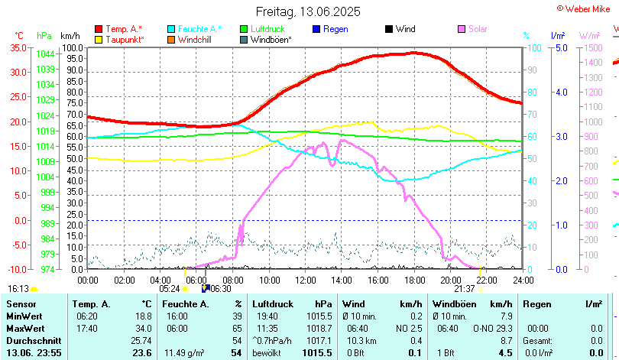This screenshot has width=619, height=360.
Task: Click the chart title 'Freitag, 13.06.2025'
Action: (308, 12)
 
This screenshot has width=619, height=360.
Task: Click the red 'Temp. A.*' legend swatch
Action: (99, 29)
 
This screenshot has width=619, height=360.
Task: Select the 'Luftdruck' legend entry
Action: (263, 29)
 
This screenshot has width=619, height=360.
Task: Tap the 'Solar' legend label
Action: (478, 29)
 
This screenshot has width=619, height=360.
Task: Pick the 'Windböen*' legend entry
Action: (271, 40)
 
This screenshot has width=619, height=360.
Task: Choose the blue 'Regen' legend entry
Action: (335, 29)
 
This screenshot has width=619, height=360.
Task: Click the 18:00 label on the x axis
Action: (414, 280)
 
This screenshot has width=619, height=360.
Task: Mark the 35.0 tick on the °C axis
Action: (17, 47)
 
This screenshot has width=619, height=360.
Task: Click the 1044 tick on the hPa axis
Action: (45, 54)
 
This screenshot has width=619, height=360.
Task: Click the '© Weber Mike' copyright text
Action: (586, 8)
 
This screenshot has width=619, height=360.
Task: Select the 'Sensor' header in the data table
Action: (21, 304)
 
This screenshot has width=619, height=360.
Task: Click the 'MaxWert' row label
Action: (24, 328)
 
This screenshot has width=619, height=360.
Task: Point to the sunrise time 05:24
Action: (169, 289)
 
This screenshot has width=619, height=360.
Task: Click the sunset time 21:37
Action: (464, 289)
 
